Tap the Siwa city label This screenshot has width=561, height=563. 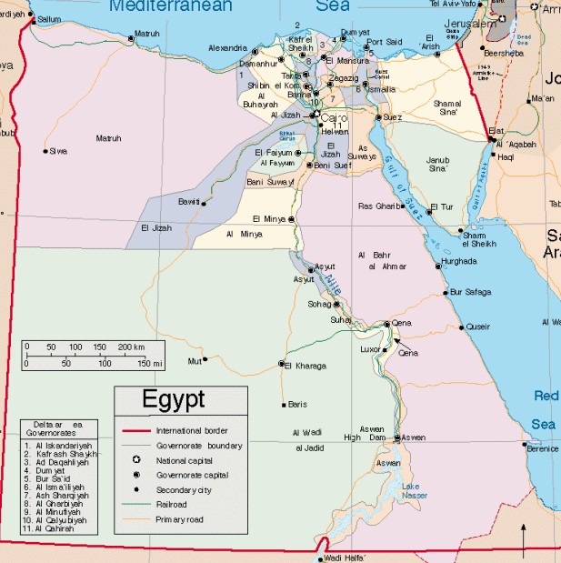tap(58, 151)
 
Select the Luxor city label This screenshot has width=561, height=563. tap(370, 348)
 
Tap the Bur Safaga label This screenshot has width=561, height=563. tap(470, 292)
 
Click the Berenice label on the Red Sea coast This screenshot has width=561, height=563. tap(543, 448)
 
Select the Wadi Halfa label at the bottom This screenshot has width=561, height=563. tap(343, 557)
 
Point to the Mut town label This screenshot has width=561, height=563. tap(193, 361)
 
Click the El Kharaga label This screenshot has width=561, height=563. tap(305, 366)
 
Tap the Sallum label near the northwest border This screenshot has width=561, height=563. tap(50, 18)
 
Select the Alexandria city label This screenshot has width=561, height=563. tap(227, 47)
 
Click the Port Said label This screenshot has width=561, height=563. tap(384, 42)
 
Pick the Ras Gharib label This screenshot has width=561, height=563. tap(378, 206)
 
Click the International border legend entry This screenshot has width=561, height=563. tap(191, 430)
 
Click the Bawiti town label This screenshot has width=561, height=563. tap(188, 201)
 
